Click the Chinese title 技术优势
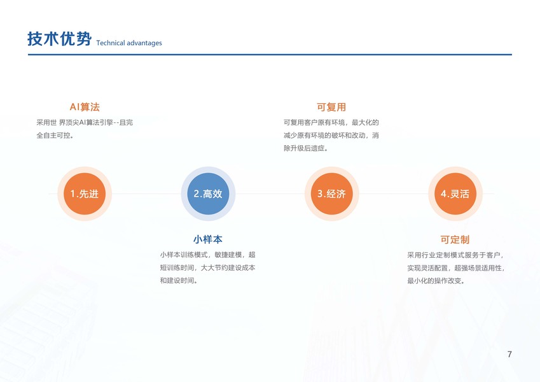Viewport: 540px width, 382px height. pyautogui.click(x=59, y=39)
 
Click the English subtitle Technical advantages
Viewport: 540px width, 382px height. pyautogui.click(x=129, y=43)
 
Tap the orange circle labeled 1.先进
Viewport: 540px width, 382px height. pyautogui.click(x=85, y=194)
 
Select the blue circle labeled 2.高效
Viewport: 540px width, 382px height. pyautogui.click(x=208, y=194)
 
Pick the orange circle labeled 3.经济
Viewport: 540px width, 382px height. pyautogui.click(x=331, y=194)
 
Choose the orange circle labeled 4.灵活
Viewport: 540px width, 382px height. pyautogui.click(x=455, y=194)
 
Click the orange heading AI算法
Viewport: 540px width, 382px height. pyautogui.click(x=85, y=107)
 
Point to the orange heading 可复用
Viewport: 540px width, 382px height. pyautogui.click(x=331, y=107)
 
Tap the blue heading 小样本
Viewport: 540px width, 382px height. pyautogui.click(x=208, y=239)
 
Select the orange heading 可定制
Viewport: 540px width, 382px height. pyautogui.click(x=455, y=239)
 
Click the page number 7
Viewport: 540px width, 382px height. pyautogui.click(x=509, y=354)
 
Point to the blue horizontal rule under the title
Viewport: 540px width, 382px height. pyautogui.click(x=270, y=55)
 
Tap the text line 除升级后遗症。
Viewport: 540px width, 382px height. pyautogui.click(x=306, y=148)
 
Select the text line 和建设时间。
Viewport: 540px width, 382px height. pyautogui.click(x=179, y=281)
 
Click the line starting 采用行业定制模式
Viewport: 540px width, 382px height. pyautogui.click(x=455, y=255)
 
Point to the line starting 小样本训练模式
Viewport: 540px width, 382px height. pyautogui.click(x=207, y=255)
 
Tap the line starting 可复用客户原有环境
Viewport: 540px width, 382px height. pyautogui.click(x=331, y=122)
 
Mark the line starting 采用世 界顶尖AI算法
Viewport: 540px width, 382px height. pyautogui.click(x=85, y=122)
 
